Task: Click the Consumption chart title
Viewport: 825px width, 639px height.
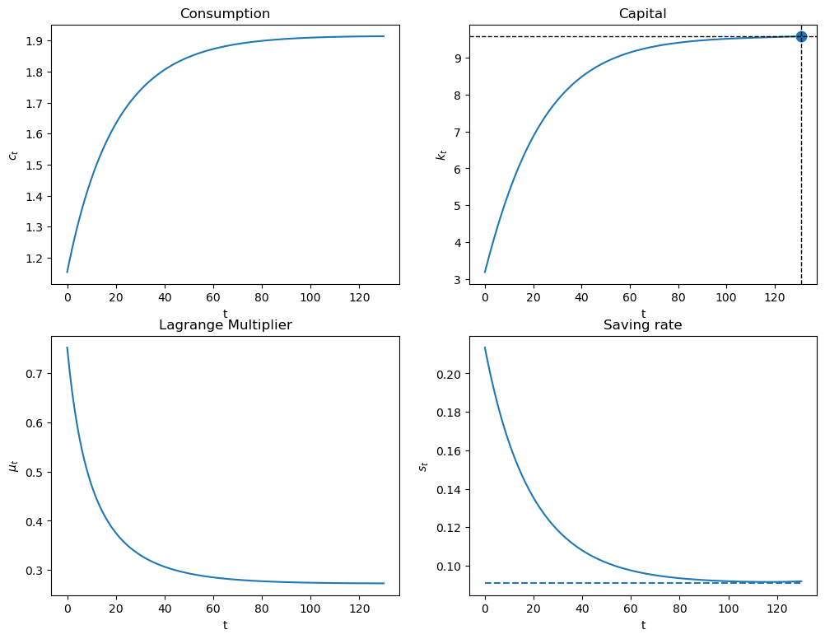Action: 225,13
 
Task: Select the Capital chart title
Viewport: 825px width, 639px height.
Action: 643,13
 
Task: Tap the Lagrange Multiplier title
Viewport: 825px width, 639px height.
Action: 225,325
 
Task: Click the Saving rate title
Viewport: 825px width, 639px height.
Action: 643,325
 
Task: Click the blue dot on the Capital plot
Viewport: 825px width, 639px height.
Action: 801,36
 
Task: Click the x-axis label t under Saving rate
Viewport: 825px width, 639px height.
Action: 643,625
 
